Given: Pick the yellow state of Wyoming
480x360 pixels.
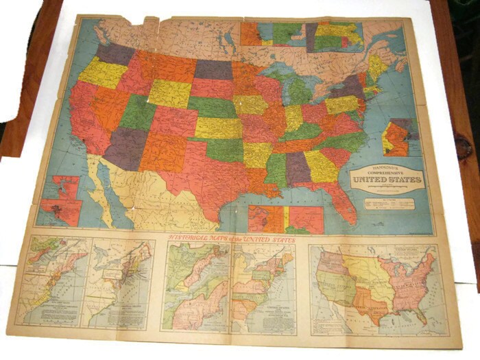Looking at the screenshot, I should pyautogui.click(x=168, y=93).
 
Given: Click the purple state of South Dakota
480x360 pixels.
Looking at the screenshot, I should pyautogui.click(x=213, y=69).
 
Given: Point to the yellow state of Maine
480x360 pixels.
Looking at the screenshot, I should pyautogui.click(x=378, y=67).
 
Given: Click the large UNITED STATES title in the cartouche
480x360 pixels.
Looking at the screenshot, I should pyautogui.click(x=386, y=180).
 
